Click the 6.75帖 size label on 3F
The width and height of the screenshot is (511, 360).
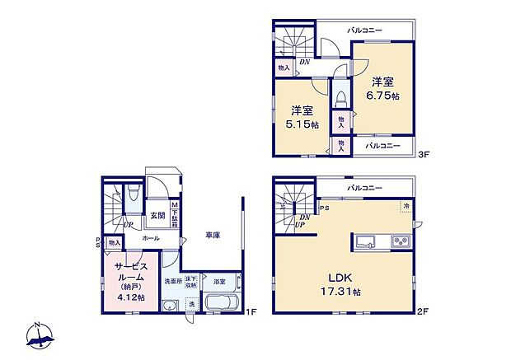point(384,96)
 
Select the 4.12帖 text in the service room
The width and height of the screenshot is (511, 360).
point(131,297)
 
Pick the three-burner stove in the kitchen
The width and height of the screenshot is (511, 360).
point(399,241)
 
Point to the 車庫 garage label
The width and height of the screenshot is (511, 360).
point(213,236)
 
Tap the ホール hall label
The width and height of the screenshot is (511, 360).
point(151,238)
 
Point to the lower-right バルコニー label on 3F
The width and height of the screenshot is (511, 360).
point(382,146)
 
